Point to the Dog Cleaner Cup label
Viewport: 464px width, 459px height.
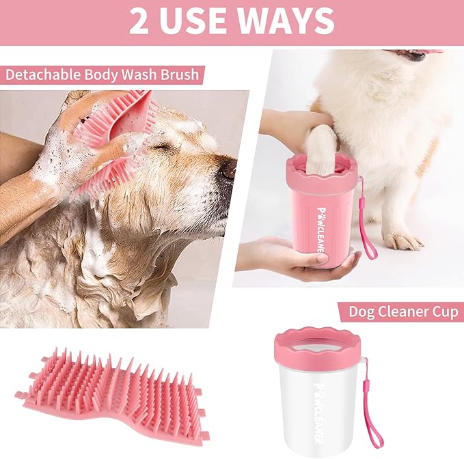[x=402, y=311]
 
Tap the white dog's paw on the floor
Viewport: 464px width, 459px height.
[x=403, y=240]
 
